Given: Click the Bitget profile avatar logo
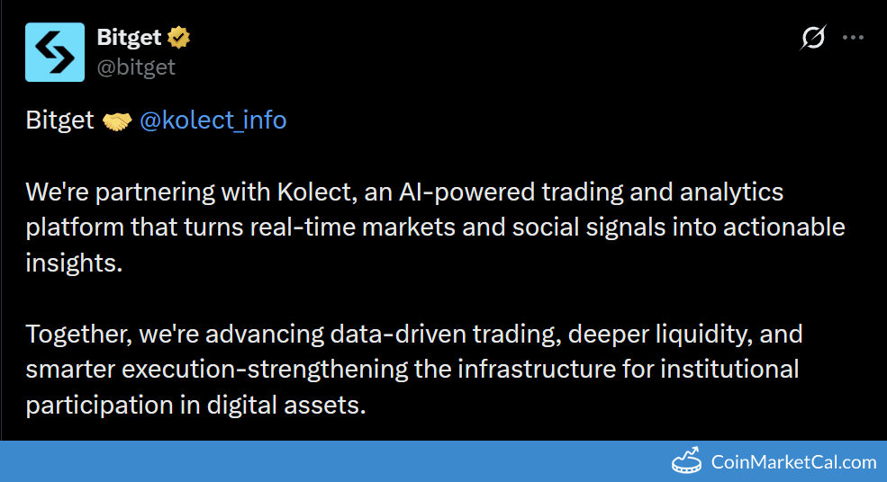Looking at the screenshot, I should tap(55, 52).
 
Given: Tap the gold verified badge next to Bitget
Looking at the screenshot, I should tap(179, 38).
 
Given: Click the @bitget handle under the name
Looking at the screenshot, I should tap(136, 67).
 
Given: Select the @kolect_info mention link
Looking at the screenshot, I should tap(213, 120).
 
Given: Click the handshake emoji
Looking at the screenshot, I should tap(117, 120).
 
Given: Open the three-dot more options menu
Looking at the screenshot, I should tap(852, 38).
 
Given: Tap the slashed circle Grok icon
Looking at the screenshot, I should tap(812, 38).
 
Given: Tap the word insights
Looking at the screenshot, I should tap(72, 263).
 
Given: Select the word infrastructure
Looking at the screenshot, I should tap(521, 370).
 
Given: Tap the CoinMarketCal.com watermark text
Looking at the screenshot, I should tap(793, 462).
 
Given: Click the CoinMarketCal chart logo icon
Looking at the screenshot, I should tap(687, 461).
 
